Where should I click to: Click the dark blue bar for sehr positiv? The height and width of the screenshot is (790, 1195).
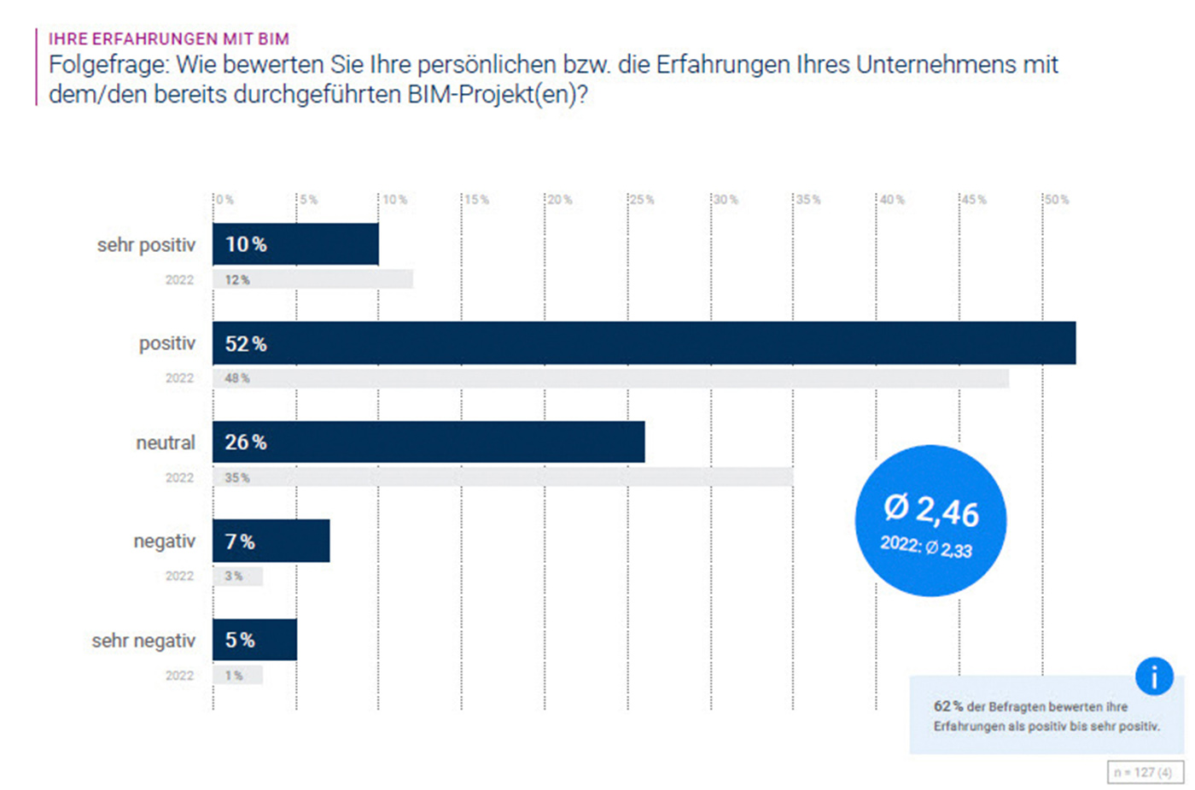pyautogui.click(x=295, y=244)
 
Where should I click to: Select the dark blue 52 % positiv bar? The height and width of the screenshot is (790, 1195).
pyautogui.click(x=644, y=343)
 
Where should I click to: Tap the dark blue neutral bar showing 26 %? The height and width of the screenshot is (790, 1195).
pyautogui.click(x=428, y=442)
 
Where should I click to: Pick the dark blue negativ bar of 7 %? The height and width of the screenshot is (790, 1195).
pyautogui.click(x=271, y=541)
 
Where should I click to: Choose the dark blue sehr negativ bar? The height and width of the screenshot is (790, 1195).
pyautogui.click(x=254, y=640)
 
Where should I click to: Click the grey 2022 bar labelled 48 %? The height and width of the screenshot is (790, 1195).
pyautogui.click(x=610, y=378)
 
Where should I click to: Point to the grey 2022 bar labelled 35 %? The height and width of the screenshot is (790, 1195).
pyautogui.click(x=503, y=477)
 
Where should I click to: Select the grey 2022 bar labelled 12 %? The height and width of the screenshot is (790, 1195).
pyautogui.click(x=312, y=279)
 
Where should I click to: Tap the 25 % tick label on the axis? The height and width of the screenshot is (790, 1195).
pyautogui.click(x=642, y=200)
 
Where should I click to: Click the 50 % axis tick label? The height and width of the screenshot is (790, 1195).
pyautogui.click(x=1057, y=200)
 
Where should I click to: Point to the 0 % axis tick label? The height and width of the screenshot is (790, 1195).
pyautogui.click(x=225, y=200)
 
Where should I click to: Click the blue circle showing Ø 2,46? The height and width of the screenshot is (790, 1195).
pyautogui.click(x=930, y=520)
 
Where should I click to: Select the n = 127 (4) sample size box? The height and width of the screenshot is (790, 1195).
pyautogui.click(x=1145, y=772)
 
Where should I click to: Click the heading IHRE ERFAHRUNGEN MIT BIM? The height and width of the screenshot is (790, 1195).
pyautogui.click(x=169, y=38)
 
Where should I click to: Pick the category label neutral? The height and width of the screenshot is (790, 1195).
pyautogui.click(x=166, y=442)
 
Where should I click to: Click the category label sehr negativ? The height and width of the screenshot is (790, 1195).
pyautogui.click(x=143, y=641)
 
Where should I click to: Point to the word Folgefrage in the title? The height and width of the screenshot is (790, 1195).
pyautogui.click(x=108, y=65)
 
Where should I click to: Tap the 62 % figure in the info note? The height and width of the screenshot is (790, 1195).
pyautogui.click(x=947, y=706)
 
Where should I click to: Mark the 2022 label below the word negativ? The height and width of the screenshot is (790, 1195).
pyautogui.click(x=179, y=576)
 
